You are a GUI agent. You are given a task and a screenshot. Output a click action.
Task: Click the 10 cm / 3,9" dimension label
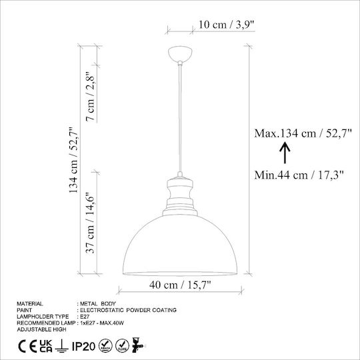click(227, 25)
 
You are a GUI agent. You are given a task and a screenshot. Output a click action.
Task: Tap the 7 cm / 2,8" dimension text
click(90, 97)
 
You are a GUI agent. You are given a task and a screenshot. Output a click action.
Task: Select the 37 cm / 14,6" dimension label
click(90, 223)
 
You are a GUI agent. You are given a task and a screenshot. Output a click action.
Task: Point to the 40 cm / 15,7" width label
click(180, 285)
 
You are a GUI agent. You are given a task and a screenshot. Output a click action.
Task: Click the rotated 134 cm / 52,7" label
click(74, 160)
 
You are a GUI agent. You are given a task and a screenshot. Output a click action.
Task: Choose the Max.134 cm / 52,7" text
click(303, 133)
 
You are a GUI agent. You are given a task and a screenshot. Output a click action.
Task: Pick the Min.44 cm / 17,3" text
click(299, 175)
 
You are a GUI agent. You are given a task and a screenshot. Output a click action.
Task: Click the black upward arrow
click(285, 153)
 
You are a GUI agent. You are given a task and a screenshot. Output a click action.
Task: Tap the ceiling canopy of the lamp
click(180, 54)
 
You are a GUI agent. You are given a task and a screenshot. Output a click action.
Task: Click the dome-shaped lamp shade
click(180, 245)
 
